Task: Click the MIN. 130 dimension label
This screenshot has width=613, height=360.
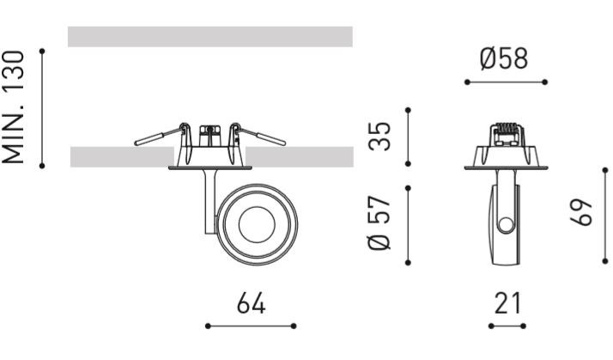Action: click(x=13, y=107)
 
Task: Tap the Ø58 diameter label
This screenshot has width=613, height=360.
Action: click(x=504, y=59)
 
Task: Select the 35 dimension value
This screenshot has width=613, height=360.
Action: click(x=379, y=137)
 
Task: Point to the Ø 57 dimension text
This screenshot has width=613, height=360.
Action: click(x=379, y=223)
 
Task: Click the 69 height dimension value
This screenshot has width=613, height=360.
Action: click(x=581, y=212)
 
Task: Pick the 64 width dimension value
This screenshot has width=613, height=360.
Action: click(x=251, y=303)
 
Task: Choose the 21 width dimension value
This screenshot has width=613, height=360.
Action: click(x=507, y=303)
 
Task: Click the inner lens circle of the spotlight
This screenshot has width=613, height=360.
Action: click(x=257, y=224)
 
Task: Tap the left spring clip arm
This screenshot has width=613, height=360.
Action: click(x=159, y=135)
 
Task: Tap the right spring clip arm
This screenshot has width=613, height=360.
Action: click(x=259, y=135)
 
